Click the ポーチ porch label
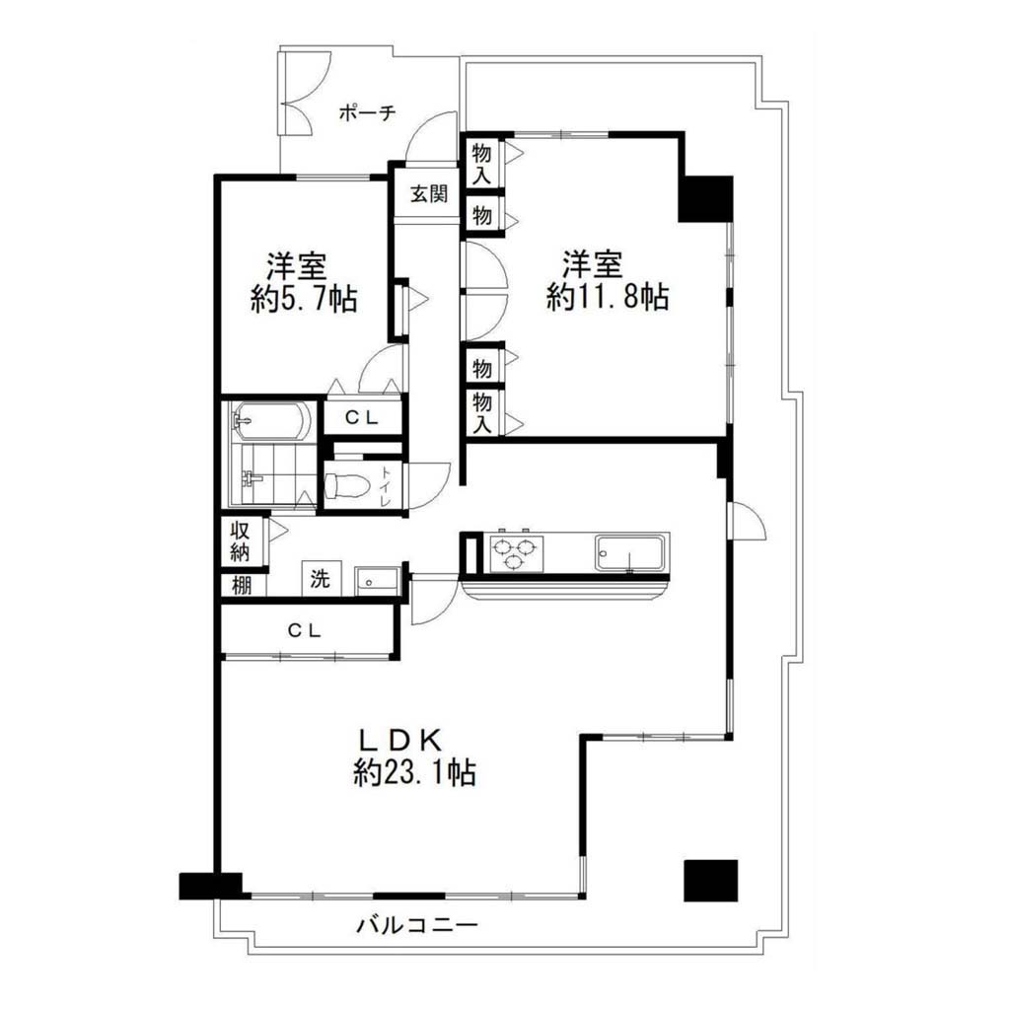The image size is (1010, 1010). pyautogui.click(x=367, y=113)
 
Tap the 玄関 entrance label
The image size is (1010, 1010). pyautogui.click(x=429, y=193)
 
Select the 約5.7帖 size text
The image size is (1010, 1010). pyautogui.click(x=304, y=299)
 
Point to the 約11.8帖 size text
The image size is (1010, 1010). pyautogui.click(x=608, y=297)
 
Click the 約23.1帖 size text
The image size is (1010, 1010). pyautogui.click(x=415, y=771)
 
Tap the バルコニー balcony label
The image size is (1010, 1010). pyautogui.click(x=417, y=926)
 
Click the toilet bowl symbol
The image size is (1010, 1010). pyautogui.click(x=346, y=486)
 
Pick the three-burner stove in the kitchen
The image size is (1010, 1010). pyautogui.click(x=516, y=552)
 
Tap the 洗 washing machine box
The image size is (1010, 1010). pyautogui.click(x=321, y=578)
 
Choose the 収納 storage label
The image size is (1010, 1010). pyautogui.click(x=241, y=541)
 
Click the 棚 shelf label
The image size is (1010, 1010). pyautogui.click(x=242, y=586)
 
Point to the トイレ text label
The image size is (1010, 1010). pyautogui.click(x=386, y=487)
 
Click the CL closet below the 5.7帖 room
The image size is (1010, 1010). pyautogui.click(x=361, y=417)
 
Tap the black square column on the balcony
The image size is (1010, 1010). pyautogui.click(x=710, y=881)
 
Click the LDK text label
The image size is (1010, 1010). pyautogui.click(x=400, y=741)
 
